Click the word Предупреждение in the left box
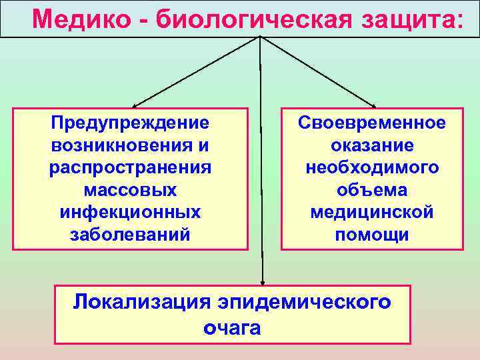[x=130, y=123]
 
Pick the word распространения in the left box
[x=131, y=167]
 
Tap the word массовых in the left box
[x=131, y=190]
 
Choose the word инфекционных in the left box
[x=131, y=212]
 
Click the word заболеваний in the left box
[x=131, y=235]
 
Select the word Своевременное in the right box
[x=372, y=123]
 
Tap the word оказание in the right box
[x=372, y=145]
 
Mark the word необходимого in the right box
[x=372, y=167]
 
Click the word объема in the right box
[x=372, y=190]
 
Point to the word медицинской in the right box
[x=372, y=212]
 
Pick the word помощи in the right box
[x=372, y=235]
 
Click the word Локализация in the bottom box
[x=141, y=301]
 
